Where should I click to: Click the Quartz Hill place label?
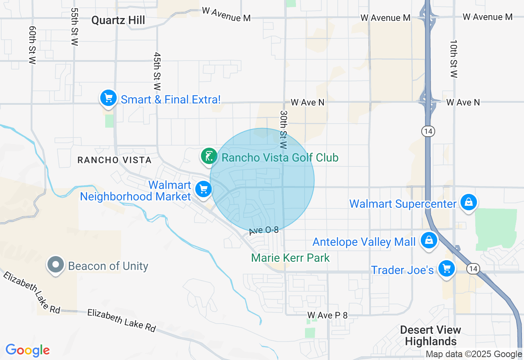[x=118, y=20]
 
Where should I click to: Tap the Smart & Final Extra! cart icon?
[x=108, y=98]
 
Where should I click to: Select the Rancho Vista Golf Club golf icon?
[x=209, y=156]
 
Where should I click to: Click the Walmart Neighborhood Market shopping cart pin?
[x=203, y=189]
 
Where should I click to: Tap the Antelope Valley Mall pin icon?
[x=429, y=241]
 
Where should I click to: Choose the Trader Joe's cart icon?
[x=446, y=269]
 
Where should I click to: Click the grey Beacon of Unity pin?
[x=55, y=265]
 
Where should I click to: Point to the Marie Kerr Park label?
[x=290, y=258]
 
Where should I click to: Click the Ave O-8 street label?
[x=264, y=231]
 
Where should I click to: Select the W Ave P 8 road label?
[x=327, y=315]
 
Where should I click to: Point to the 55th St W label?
[x=74, y=26]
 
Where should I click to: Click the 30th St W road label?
[x=284, y=128]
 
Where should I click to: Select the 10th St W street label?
[x=454, y=59]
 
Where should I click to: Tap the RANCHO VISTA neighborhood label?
[x=115, y=160]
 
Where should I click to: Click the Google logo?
[x=27, y=350]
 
